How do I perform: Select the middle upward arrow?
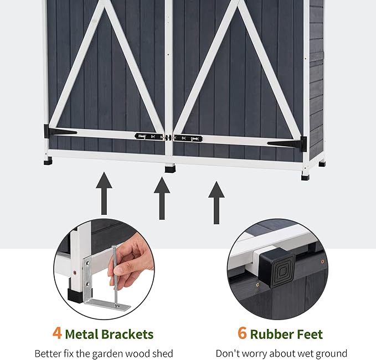161,197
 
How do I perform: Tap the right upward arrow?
216,202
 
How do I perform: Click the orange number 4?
57,333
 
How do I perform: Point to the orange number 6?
241,333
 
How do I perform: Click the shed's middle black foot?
169,168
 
